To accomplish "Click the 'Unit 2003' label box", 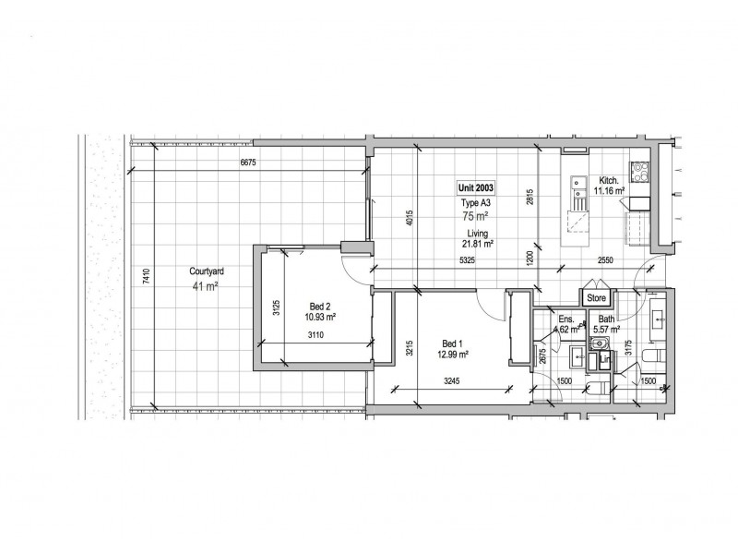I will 477,187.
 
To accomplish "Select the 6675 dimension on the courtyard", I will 246,163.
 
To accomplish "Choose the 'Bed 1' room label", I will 452,342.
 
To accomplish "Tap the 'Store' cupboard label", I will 596,298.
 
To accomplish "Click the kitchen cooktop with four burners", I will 639,171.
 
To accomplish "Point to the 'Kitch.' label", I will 609,181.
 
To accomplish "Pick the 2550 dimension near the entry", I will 605,259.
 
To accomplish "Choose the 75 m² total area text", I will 476,217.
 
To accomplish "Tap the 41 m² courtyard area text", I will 204,286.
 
